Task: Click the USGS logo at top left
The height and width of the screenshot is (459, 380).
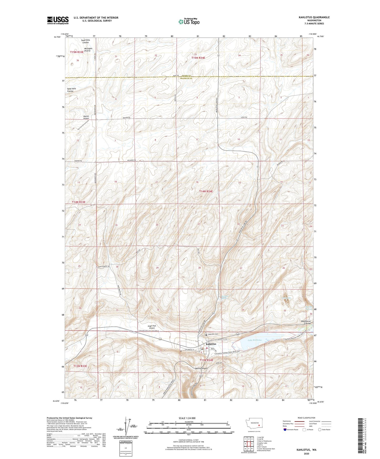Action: (58, 20)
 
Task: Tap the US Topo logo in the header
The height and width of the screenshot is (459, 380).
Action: (189, 22)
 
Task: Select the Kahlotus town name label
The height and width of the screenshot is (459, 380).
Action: (211, 344)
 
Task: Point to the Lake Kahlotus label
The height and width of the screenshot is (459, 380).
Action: (255, 340)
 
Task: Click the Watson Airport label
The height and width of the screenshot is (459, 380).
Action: (86, 117)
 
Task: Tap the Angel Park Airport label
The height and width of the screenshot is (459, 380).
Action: (152, 327)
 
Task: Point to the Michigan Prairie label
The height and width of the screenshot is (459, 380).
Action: (85, 50)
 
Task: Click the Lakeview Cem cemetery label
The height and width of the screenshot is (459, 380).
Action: (213, 334)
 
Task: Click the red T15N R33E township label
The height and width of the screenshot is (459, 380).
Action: (77, 52)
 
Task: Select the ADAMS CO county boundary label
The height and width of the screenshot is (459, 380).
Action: (186, 76)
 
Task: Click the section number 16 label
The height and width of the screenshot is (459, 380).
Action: (197, 182)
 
